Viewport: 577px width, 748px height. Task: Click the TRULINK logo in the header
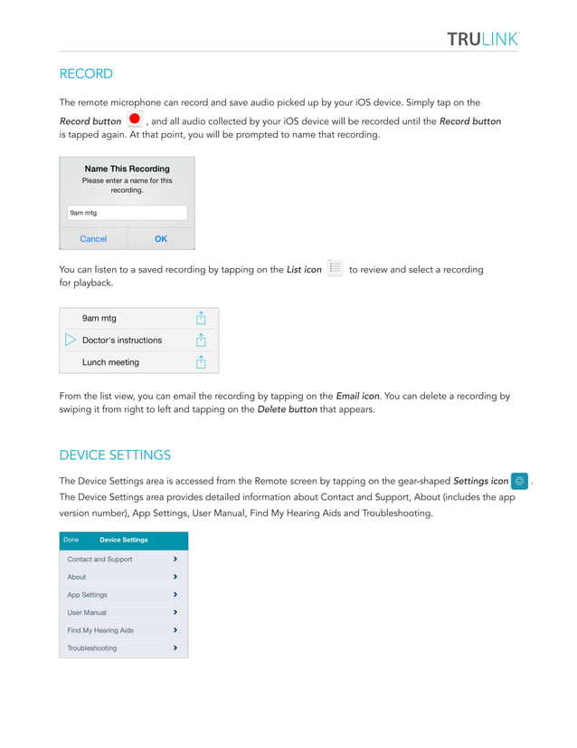482,38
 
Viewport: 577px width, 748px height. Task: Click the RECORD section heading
86,73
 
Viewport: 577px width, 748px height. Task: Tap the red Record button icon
135,120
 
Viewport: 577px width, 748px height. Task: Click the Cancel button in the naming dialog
93,239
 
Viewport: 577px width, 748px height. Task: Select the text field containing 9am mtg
127,213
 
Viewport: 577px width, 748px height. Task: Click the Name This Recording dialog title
127,168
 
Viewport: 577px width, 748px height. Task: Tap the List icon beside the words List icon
335,268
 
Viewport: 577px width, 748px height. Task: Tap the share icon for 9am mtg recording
202,318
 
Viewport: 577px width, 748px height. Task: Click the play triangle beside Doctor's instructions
71,340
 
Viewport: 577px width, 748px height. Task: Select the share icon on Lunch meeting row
202,362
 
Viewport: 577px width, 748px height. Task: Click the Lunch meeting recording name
110,362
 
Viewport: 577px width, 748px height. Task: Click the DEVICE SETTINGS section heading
115,455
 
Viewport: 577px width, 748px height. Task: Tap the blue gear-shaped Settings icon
520,481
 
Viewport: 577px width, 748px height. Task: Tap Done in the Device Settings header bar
71,540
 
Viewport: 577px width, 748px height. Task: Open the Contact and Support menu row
99,560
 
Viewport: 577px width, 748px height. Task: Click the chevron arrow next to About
175,577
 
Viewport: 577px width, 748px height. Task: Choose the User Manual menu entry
87,612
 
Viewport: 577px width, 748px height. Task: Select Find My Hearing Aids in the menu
100,630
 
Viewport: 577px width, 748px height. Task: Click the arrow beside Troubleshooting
175,648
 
